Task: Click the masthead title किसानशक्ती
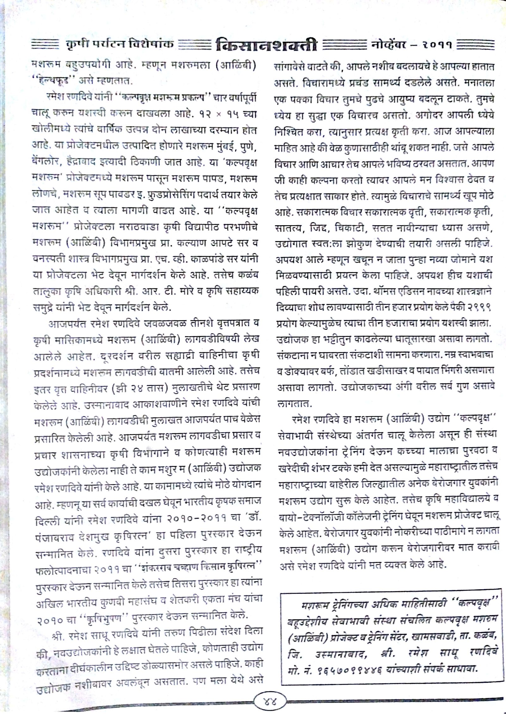tap(266, 46)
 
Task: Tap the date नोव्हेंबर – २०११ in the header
tap(411, 45)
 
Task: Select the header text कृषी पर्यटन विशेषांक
tap(120, 43)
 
